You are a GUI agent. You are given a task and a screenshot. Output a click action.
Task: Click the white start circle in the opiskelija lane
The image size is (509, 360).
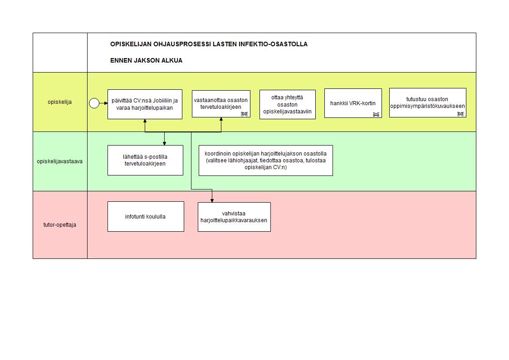click(94, 103)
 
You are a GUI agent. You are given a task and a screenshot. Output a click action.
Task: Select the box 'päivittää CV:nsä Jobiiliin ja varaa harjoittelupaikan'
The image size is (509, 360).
click(145, 104)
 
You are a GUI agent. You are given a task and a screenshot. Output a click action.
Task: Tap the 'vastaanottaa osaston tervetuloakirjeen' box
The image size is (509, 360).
click(220, 104)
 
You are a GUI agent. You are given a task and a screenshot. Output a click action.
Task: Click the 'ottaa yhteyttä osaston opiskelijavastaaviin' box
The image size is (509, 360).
click(287, 105)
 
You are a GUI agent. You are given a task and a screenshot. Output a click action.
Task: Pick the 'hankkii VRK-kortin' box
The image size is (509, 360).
click(353, 103)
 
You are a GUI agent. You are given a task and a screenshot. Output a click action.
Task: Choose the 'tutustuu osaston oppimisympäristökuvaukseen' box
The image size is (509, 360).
click(427, 103)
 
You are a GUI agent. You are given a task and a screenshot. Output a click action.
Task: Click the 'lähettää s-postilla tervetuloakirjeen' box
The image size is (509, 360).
click(145, 160)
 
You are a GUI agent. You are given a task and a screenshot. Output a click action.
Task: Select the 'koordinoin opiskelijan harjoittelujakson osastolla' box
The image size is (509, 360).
click(265, 160)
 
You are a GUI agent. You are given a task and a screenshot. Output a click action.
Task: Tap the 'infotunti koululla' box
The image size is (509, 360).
click(146, 216)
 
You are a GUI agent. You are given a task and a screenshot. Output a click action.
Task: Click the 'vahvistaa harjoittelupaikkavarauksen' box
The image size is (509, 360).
click(234, 217)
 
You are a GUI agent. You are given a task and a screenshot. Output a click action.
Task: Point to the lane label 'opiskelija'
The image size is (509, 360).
click(60, 102)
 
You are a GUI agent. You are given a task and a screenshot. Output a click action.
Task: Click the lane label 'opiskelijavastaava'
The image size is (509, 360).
click(60, 161)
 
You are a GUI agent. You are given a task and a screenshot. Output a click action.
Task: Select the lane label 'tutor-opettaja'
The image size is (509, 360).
click(60, 224)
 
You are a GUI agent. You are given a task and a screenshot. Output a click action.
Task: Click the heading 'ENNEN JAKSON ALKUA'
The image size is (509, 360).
click(146, 60)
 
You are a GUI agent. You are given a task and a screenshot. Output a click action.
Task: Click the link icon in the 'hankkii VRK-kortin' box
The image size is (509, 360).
click(376, 114)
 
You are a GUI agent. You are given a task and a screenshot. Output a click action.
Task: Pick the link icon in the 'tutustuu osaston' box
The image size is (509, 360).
click(460, 114)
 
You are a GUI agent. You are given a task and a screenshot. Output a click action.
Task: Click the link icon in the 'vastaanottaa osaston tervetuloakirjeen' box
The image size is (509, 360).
click(244, 114)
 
